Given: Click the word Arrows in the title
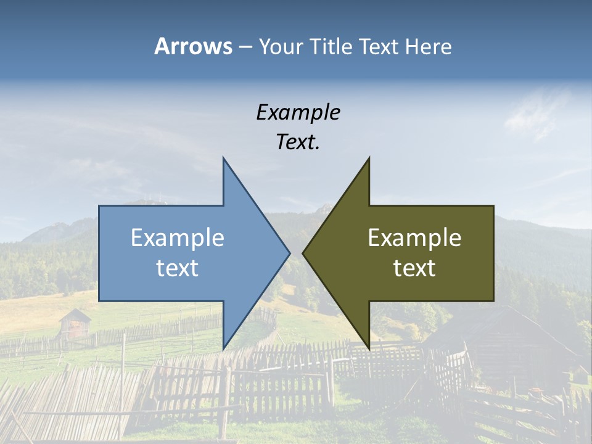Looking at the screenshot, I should click(x=193, y=46).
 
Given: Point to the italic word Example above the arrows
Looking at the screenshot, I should click(x=298, y=113).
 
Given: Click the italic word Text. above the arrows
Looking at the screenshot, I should click(x=298, y=142).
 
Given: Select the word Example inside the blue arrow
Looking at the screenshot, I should click(x=178, y=238).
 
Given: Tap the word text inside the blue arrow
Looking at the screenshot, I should click(x=178, y=268).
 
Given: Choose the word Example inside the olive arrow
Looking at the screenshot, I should click(x=414, y=238).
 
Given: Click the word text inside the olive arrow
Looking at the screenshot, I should click(x=414, y=268).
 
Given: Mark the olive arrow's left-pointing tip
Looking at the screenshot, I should click(x=304, y=253).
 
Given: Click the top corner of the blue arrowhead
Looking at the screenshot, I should click(x=224, y=159).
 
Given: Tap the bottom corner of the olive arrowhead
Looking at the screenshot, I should click(x=369, y=348).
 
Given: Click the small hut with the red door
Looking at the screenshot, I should click(x=75, y=324).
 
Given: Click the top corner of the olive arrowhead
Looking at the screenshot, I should click(x=369, y=159).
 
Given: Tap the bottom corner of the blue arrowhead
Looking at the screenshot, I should click(x=224, y=348).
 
